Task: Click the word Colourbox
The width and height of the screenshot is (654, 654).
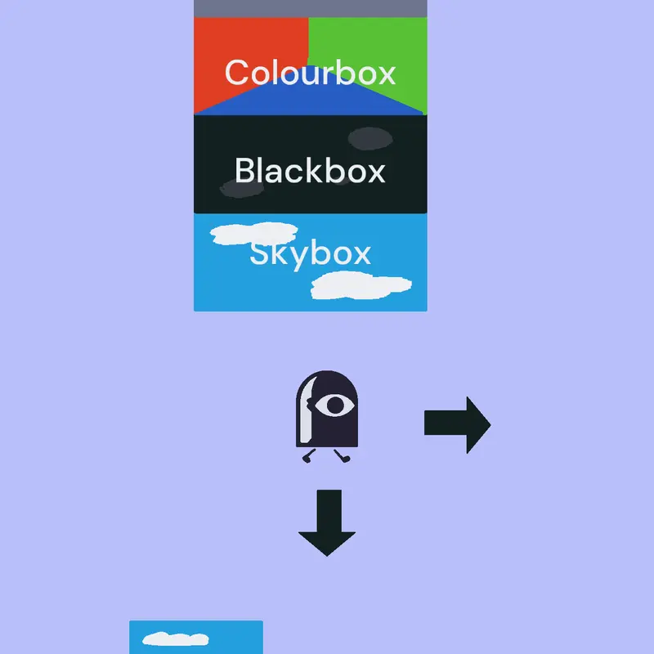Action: pyautogui.click(x=310, y=73)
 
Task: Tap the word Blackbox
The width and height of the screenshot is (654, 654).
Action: pyautogui.click(x=310, y=170)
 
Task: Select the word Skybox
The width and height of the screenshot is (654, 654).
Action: pyautogui.click(x=311, y=253)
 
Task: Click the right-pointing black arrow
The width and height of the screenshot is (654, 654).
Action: pyautogui.click(x=457, y=424)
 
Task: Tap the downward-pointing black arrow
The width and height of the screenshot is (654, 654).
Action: pyautogui.click(x=327, y=522)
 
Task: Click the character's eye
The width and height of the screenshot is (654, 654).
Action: pyautogui.click(x=334, y=405)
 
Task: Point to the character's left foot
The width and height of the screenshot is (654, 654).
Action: pyautogui.click(x=308, y=457)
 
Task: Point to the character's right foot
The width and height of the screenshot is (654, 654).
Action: pyautogui.click(x=343, y=456)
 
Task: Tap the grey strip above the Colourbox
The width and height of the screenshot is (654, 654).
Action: pyautogui.click(x=311, y=8)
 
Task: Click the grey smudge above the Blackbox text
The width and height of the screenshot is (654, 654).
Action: pyautogui.click(x=370, y=138)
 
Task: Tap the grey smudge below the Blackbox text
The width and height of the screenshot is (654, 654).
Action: pyautogui.click(x=242, y=189)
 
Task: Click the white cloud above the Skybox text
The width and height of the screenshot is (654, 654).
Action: pyautogui.click(x=253, y=234)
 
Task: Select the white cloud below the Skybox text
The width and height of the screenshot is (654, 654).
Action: pyautogui.click(x=361, y=285)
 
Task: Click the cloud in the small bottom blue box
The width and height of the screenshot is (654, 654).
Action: pyautogui.click(x=176, y=639)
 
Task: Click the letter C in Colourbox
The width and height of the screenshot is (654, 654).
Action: pyautogui.click(x=236, y=72)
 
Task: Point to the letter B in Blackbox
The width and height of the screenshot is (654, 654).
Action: pyautogui.click(x=245, y=170)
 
